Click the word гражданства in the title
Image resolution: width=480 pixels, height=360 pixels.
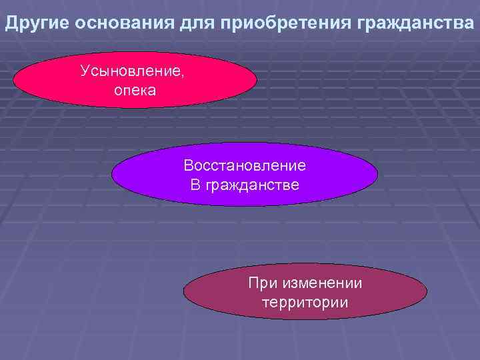click(416, 25)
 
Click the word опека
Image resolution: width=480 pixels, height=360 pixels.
click(135, 90)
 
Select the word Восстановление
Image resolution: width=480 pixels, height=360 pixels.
click(245, 165)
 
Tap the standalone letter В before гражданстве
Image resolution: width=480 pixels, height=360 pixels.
click(195, 184)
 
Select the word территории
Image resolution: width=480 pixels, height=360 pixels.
click(305, 303)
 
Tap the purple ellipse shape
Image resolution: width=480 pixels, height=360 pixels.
click(147, 175)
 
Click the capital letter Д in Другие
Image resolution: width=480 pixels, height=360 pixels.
click(12, 25)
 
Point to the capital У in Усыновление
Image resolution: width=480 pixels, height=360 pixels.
click(85, 70)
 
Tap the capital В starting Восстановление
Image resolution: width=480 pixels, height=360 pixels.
click(189, 165)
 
